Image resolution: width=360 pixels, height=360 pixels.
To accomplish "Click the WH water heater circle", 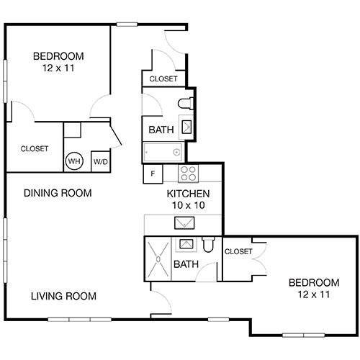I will click(73, 161).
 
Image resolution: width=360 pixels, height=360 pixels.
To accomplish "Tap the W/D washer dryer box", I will click(99, 161).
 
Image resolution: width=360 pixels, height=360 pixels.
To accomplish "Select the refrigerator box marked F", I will click(152, 174).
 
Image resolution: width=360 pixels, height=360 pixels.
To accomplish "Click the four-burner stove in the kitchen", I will click(188, 173).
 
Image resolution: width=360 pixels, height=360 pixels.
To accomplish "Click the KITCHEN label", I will click(188, 194).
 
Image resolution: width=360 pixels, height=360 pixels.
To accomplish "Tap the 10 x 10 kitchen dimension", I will click(188, 205).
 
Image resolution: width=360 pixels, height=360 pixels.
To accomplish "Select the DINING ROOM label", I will click(58, 193).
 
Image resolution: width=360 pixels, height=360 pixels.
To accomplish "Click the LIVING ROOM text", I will click(63, 296).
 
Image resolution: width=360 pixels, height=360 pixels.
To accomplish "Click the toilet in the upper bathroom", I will click(184, 102).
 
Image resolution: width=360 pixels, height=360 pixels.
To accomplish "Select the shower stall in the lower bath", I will click(157, 257).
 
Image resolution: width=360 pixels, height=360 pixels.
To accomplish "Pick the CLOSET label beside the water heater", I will click(34, 149).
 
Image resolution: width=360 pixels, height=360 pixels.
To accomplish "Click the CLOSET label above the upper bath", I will click(163, 78).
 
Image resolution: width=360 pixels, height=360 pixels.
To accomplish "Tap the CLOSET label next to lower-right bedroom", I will click(238, 251).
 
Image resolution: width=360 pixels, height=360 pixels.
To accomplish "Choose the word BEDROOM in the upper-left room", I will click(59, 56).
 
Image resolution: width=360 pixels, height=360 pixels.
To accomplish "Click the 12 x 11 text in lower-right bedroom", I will click(313, 294).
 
